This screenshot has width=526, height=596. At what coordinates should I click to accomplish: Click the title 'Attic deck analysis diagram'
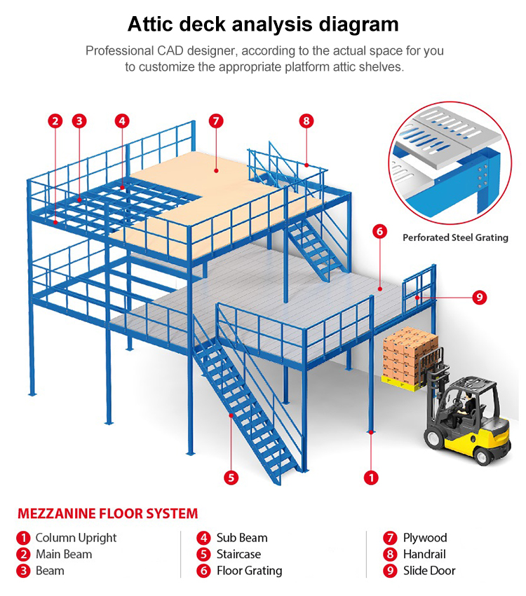point(263,25)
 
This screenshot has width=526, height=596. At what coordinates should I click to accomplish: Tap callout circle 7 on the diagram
point(216,120)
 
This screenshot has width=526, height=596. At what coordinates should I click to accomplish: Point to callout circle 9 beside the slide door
point(479,298)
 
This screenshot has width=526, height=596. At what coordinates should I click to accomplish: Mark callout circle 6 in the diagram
point(379,232)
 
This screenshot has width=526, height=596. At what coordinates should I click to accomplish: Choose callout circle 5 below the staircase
point(231,478)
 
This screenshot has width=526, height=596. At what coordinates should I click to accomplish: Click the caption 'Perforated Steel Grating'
point(455,237)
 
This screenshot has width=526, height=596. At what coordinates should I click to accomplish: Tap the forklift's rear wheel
point(485,453)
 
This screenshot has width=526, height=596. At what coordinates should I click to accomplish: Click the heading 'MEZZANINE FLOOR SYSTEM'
point(107,514)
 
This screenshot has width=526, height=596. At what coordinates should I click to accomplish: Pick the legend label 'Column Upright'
point(76,538)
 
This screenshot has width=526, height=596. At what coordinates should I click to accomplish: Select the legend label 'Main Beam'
point(64,554)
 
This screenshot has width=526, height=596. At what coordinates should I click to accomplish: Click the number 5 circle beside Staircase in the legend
point(203,554)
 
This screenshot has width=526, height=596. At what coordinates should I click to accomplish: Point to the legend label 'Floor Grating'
point(249,571)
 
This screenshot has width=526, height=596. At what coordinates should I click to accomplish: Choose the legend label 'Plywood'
point(424,538)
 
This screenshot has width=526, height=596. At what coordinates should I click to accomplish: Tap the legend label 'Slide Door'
point(429,571)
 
